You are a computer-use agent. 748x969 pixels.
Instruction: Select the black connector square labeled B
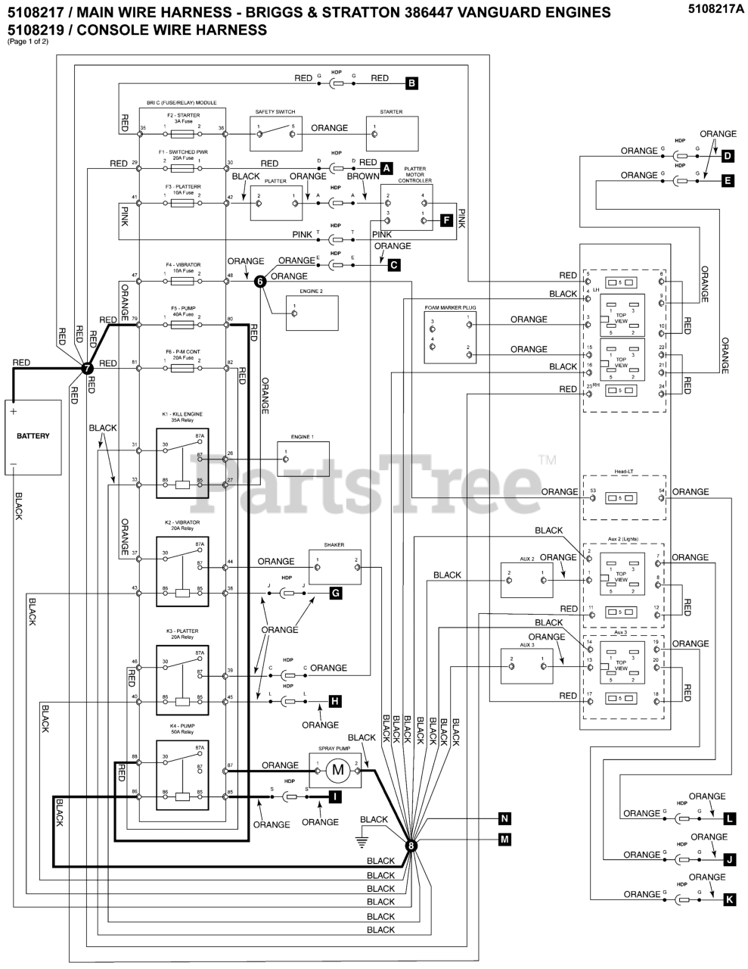[x=411, y=84]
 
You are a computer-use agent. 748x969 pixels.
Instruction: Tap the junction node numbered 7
[x=87, y=368]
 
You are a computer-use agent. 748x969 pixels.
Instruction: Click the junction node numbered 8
[x=412, y=846]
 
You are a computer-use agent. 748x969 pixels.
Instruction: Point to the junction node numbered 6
[x=260, y=281]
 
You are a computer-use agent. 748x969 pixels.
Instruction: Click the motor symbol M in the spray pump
[x=338, y=771]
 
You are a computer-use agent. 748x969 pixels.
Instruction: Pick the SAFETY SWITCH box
[x=275, y=134]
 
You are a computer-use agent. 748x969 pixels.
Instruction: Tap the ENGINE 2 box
[x=311, y=313]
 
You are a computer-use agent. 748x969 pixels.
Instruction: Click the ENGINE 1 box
[x=302, y=458]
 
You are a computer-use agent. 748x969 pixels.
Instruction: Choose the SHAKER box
[x=334, y=567]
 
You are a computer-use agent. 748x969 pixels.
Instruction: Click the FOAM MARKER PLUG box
[x=451, y=336]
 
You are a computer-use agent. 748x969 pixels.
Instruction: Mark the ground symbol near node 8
[x=362, y=840]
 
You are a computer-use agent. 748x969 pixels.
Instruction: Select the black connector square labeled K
[x=729, y=899]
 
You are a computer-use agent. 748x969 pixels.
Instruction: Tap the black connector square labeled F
[x=446, y=221]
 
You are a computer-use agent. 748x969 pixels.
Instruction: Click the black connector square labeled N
[x=504, y=818]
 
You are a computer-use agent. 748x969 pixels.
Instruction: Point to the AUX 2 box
[x=526, y=581]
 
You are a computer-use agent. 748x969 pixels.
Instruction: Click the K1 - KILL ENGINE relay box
[x=182, y=463]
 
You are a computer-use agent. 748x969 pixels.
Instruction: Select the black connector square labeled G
[x=335, y=594]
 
